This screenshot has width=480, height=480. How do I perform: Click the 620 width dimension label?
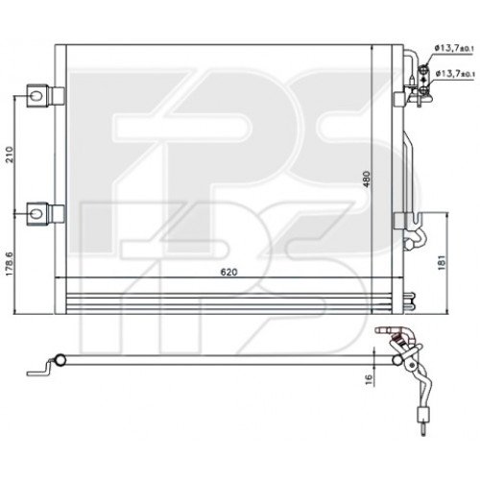(x=228, y=272)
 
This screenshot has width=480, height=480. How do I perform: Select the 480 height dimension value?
(x=366, y=179)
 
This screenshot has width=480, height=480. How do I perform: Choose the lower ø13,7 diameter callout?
(x=451, y=73)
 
